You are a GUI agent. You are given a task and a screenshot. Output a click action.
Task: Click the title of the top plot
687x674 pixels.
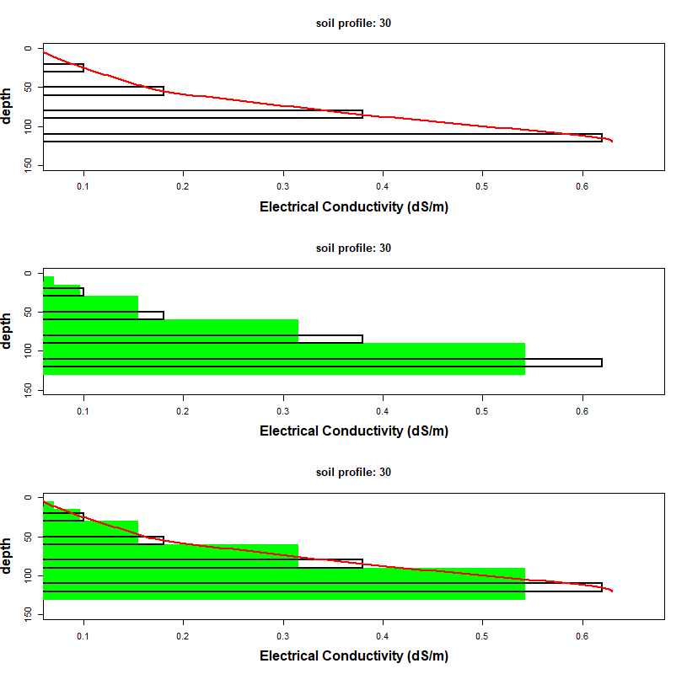click(x=353, y=24)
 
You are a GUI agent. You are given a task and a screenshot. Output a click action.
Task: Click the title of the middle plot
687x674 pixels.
click(x=353, y=249)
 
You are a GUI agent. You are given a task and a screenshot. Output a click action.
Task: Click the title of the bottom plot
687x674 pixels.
click(x=353, y=473)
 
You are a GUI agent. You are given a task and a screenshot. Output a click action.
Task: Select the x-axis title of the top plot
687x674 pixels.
click(x=353, y=206)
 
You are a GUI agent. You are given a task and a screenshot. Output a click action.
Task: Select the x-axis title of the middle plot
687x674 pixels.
click(x=353, y=431)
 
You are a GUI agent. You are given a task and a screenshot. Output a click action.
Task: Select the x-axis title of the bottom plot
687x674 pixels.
click(x=353, y=655)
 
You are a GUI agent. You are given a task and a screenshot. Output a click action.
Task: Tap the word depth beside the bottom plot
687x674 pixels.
click(x=8, y=556)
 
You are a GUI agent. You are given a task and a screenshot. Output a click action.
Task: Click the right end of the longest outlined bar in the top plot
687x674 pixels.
click(x=602, y=137)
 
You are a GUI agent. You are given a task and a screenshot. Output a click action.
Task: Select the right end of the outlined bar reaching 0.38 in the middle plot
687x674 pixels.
click(x=362, y=339)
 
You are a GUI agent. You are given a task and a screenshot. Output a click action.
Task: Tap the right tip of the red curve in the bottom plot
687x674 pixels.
click(x=613, y=591)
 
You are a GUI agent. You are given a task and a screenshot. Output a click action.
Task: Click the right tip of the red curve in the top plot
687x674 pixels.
click(x=613, y=142)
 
